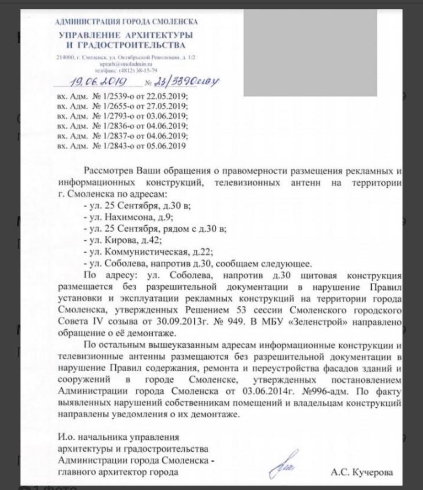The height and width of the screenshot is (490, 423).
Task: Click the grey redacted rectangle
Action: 310,53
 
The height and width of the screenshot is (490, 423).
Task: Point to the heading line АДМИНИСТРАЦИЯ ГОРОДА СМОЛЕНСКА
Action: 126,22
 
